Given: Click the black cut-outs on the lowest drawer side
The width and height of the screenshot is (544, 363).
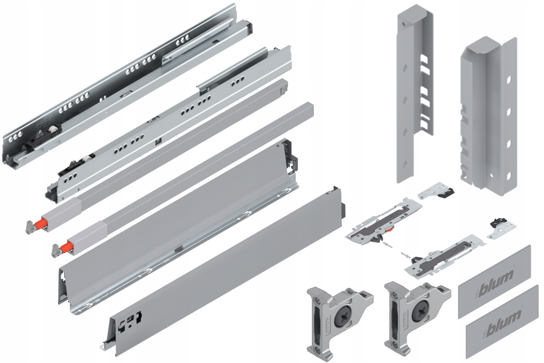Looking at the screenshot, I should click(129, 320).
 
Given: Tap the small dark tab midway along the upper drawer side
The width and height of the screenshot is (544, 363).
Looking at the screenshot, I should click(179, 248).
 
